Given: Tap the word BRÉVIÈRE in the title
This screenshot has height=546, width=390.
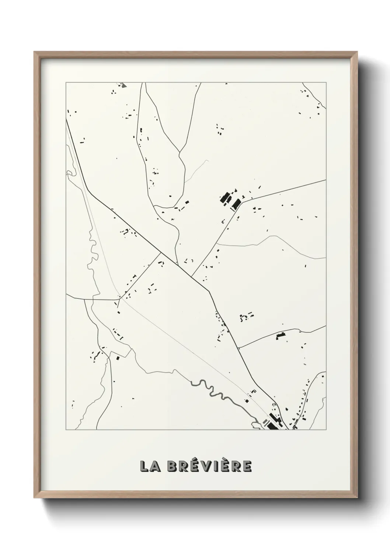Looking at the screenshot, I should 209,466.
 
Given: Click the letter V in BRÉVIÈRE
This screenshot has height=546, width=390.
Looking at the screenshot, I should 206,466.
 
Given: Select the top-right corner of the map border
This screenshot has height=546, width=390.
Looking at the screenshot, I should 326,83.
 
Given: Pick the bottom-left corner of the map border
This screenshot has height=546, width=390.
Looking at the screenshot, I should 66,430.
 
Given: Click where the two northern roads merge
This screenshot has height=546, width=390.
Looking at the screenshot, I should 180,152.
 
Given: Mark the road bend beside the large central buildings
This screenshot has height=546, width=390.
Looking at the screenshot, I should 241,203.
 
